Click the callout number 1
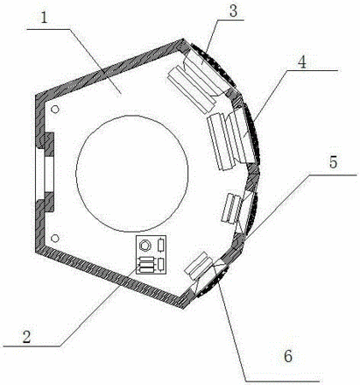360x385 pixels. tap(44, 19)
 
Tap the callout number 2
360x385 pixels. tap(27, 336)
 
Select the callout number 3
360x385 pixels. tap(233, 11)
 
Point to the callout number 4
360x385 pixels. tap(302, 61)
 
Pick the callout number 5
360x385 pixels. tap(333, 163)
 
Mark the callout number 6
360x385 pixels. tap(288, 356)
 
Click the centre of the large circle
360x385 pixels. tap(132, 174)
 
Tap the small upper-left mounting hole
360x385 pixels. tap(55, 109)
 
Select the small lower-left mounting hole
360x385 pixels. tap(55, 238)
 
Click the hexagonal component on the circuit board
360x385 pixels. tap(145, 246)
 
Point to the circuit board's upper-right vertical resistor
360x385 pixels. tap(161, 246)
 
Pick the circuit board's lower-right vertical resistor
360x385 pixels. tap(161, 264)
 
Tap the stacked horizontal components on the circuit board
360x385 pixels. tap(147, 264)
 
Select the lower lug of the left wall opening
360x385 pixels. tap(45, 202)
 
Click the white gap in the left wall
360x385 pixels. tap(44, 174)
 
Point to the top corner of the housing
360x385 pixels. tap(183, 39)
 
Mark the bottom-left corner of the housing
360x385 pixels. tap(36, 252)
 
